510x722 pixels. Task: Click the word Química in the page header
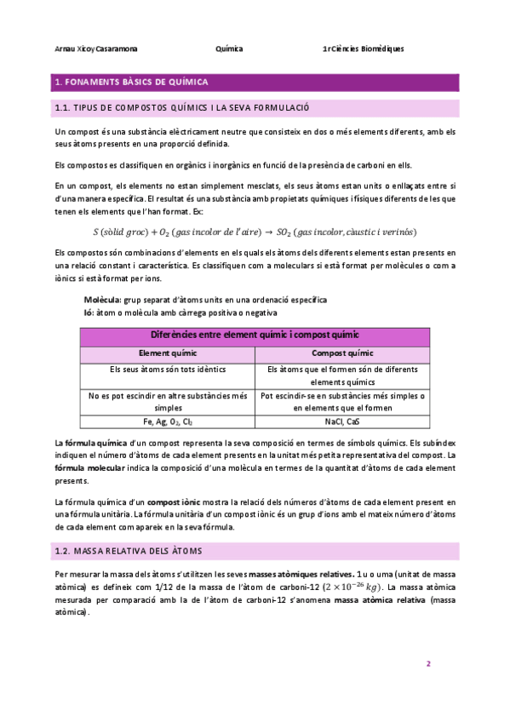(x=230, y=49)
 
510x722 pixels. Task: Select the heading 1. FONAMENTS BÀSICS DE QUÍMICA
(x=131, y=83)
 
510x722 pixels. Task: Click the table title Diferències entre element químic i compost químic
(x=255, y=335)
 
